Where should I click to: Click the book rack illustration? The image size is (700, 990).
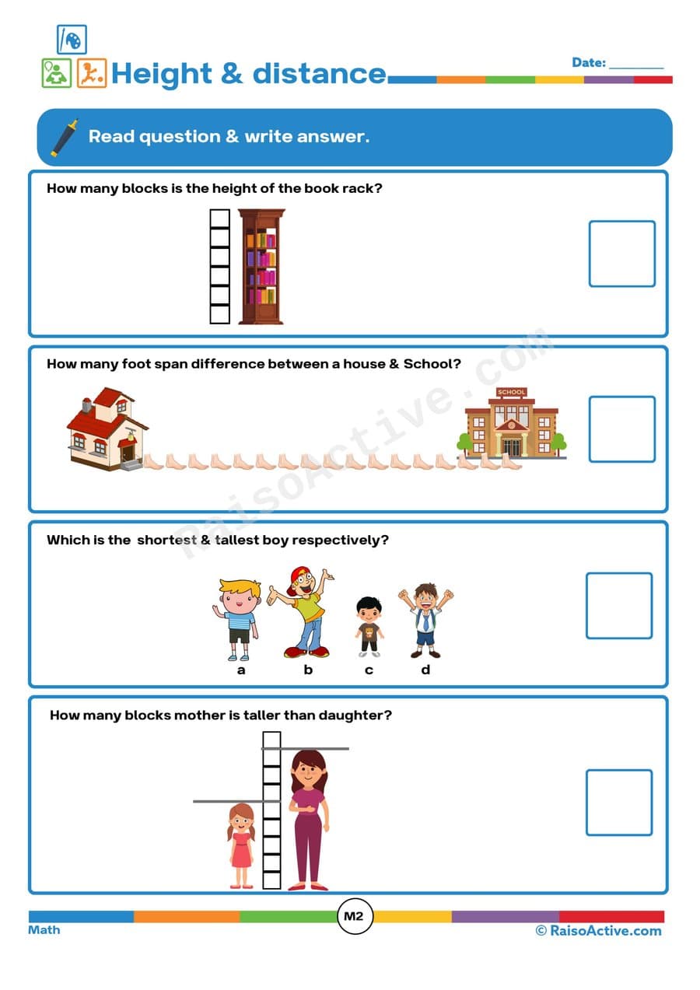(x=261, y=266)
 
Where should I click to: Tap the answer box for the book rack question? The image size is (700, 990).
(x=621, y=254)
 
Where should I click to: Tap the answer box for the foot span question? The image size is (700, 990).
(x=621, y=429)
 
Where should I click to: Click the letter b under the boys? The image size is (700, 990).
(x=308, y=670)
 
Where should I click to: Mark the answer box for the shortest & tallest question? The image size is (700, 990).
(x=618, y=605)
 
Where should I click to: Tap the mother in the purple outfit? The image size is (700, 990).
(x=309, y=820)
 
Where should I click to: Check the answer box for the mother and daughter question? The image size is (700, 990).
(x=618, y=803)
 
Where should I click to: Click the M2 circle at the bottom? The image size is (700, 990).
(x=354, y=916)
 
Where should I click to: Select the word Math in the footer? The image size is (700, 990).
(x=44, y=929)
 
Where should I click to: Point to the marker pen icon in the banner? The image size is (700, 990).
(x=65, y=137)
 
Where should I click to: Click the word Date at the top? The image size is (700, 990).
(x=588, y=62)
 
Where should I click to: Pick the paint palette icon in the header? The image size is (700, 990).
(x=72, y=39)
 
